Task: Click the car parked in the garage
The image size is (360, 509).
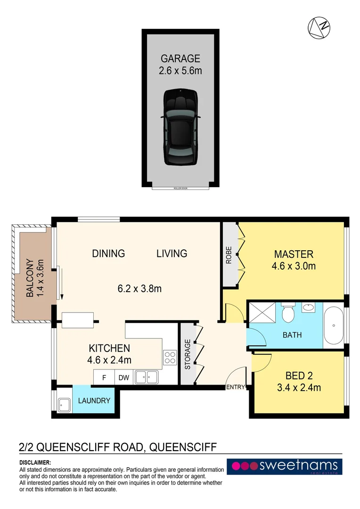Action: pyautogui.click(x=181, y=127)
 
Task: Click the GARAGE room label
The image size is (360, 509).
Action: pyautogui.click(x=180, y=59)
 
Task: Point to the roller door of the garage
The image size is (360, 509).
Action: pyautogui.click(x=180, y=188)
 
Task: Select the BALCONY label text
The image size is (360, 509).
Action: pyautogui.click(x=29, y=278)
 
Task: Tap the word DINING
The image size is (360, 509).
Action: pyautogui.click(x=109, y=254)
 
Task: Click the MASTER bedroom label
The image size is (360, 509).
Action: pyautogui.click(x=293, y=254)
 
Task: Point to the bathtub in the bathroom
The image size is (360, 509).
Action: pyautogui.click(x=334, y=326)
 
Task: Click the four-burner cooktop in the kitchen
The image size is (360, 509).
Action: pyautogui.click(x=170, y=359)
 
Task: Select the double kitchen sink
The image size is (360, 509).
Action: pyautogui.click(x=146, y=377)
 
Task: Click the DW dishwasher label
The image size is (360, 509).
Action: pyautogui.click(x=124, y=377)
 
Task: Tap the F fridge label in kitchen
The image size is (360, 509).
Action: pyautogui.click(x=104, y=377)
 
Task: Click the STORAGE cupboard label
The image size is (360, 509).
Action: pyautogui.click(x=188, y=354)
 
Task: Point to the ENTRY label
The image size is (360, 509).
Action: pyautogui.click(x=236, y=387)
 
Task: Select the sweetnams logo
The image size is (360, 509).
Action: pyautogui.click(x=284, y=467)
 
